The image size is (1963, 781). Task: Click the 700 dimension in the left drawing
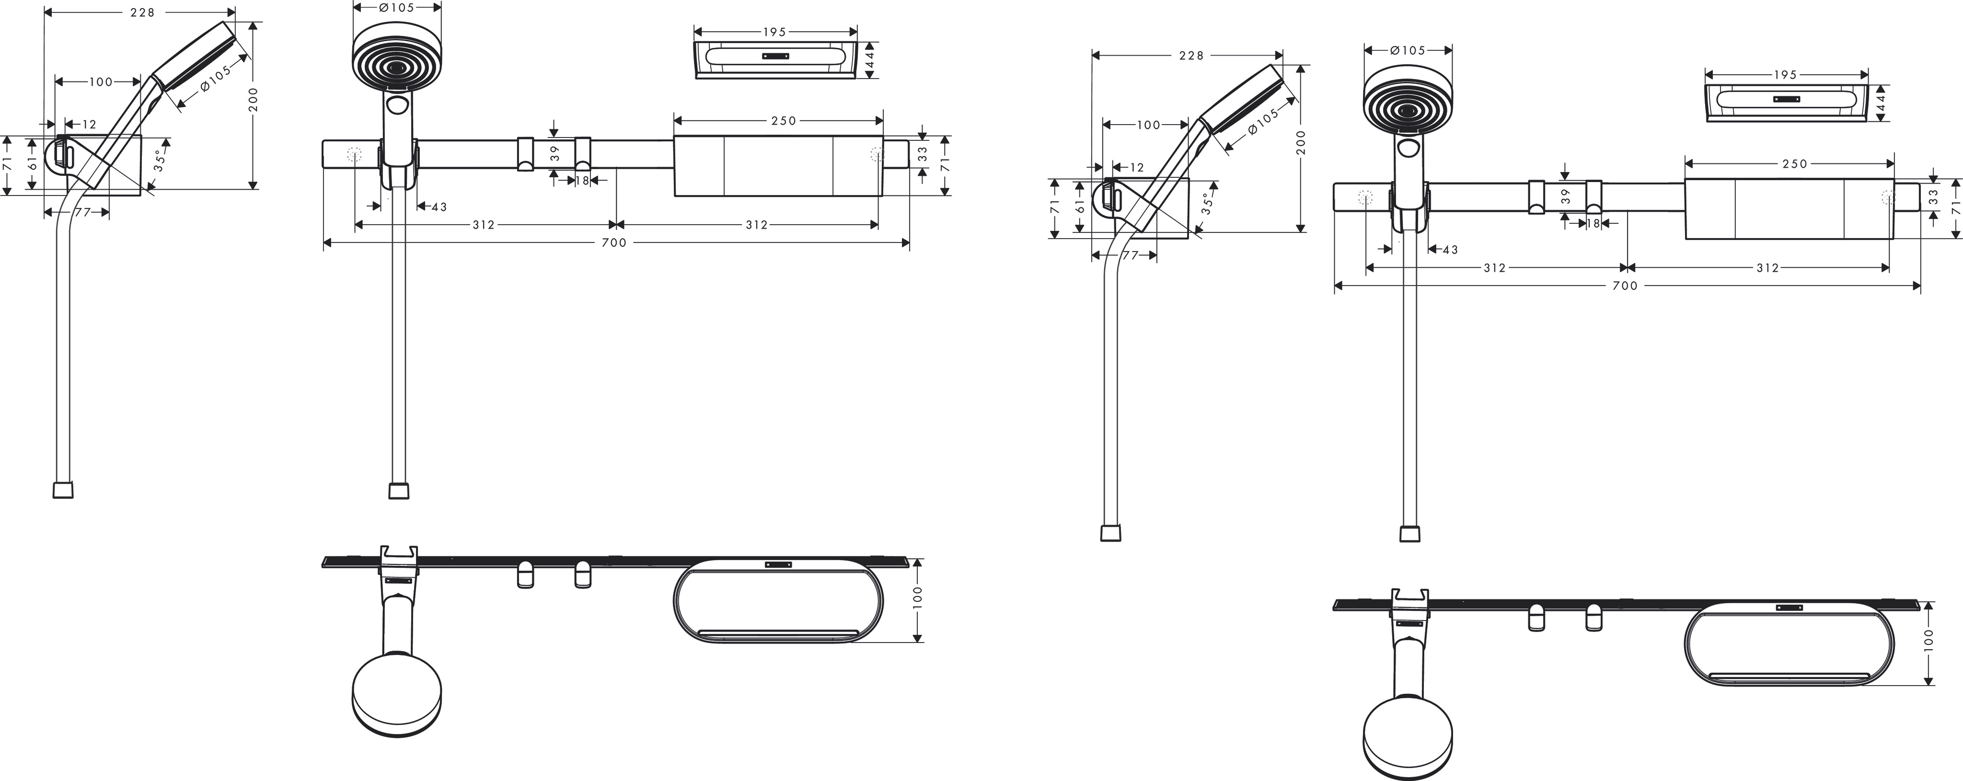614,243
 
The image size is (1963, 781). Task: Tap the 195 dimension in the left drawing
774,32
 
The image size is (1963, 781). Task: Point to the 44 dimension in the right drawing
1880,103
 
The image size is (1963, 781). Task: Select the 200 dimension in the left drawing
254,99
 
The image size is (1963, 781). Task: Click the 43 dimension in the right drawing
1449,250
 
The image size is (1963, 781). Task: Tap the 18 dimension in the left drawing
582,181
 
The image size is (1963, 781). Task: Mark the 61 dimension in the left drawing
32,164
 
